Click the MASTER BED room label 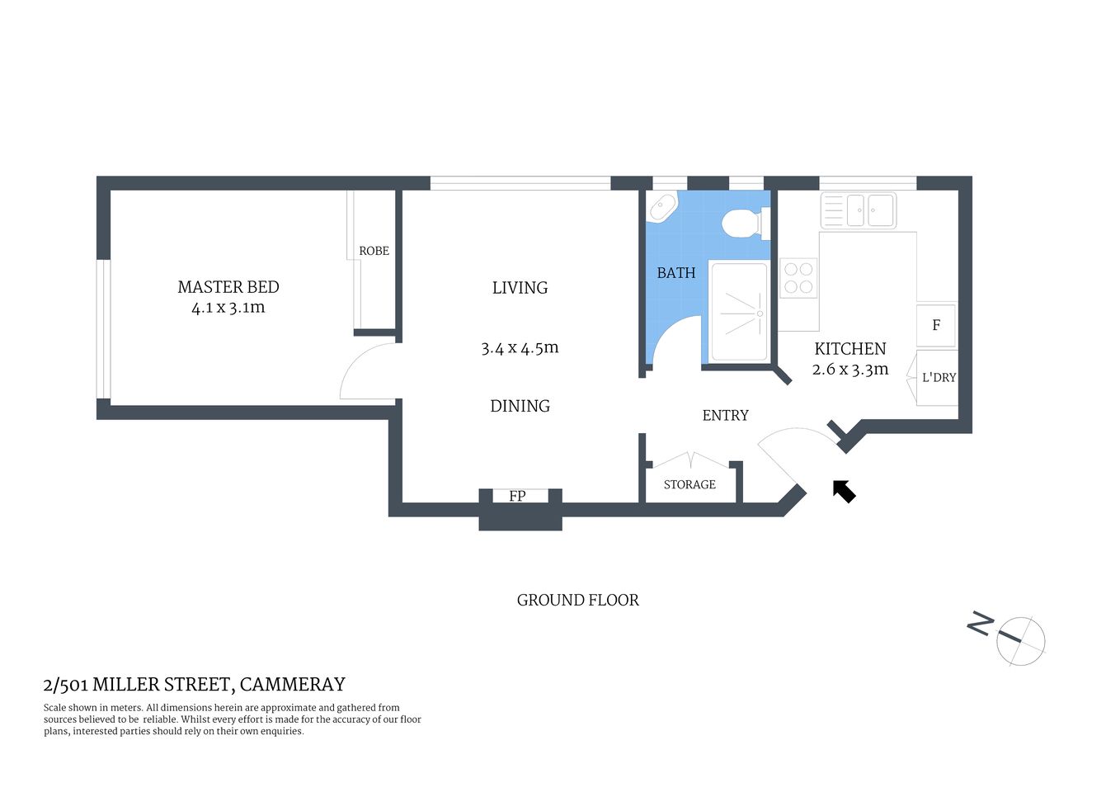228,287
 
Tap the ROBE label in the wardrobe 374,251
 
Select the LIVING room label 520,288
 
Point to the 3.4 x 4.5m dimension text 520,348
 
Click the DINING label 520,406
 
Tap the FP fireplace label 517,496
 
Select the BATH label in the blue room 675,273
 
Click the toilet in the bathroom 743,223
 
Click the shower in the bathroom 739,313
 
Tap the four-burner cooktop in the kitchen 798,277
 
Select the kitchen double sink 859,210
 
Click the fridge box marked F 936,325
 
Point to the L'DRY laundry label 939,378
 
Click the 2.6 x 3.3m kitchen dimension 850,370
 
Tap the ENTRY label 725,416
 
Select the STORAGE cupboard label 689,485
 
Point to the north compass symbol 1019,640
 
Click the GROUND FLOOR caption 577,601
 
